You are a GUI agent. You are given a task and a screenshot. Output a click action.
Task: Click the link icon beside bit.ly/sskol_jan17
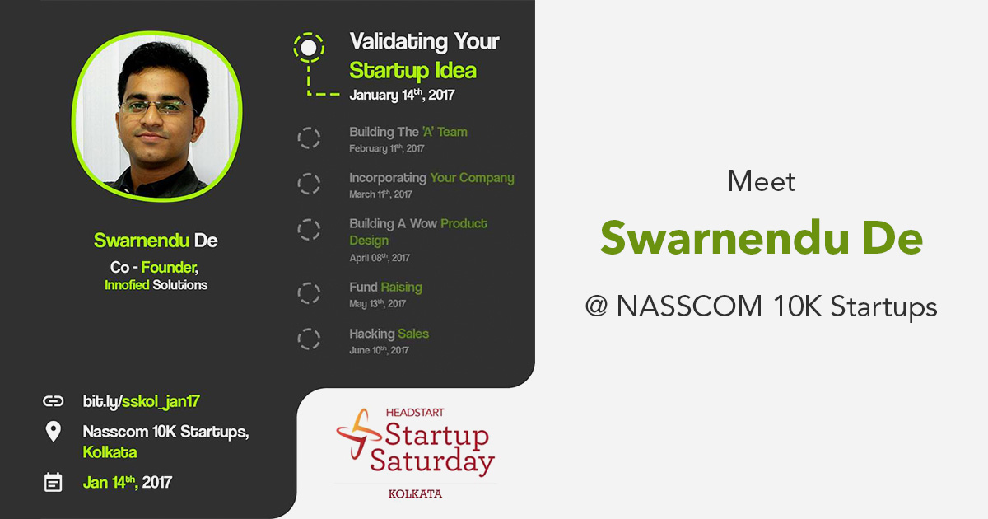pyautogui.click(x=54, y=400)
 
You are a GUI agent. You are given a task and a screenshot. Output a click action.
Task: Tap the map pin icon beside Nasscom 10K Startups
pyautogui.click(x=54, y=431)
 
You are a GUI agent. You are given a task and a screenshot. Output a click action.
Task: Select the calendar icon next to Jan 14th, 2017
pyautogui.click(x=54, y=482)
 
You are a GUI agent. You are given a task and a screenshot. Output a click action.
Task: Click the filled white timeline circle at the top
pyautogui.click(x=309, y=48)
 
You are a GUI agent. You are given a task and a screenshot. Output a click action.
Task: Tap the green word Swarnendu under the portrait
pyautogui.click(x=142, y=241)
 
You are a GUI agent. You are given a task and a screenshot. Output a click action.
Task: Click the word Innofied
pyautogui.click(x=127, y=285)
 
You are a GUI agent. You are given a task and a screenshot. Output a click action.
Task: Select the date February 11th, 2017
pyautogui.click(x=387, y=148)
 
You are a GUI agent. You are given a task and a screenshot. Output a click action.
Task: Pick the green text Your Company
pyautogui.click(x=473, y=178)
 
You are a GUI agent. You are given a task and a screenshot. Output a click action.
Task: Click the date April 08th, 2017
pyautogui.click(x=380, y=258)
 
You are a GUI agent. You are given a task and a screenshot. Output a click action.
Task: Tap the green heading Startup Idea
pyautogui.click(x=412, y=71)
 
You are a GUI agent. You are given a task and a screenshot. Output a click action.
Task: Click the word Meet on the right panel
pyautogui.click(x=762, y=181)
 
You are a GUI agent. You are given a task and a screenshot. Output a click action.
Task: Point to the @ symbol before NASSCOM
pyautogui.click(x=596, y=306)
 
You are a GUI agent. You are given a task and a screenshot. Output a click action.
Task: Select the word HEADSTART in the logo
pyautogui.click(x=415, y=413)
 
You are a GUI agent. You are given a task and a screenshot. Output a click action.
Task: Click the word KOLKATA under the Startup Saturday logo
pyautogui.click(x=415, y=493)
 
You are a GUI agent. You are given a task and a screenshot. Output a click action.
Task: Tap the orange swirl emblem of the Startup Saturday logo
pyautogui.click(x=358, y=433)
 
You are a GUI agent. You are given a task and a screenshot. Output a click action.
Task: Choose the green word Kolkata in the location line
pyautogui.click(x=110, y=452)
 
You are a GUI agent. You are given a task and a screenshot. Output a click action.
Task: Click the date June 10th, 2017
pyautogui.click(x=380, y=350)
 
